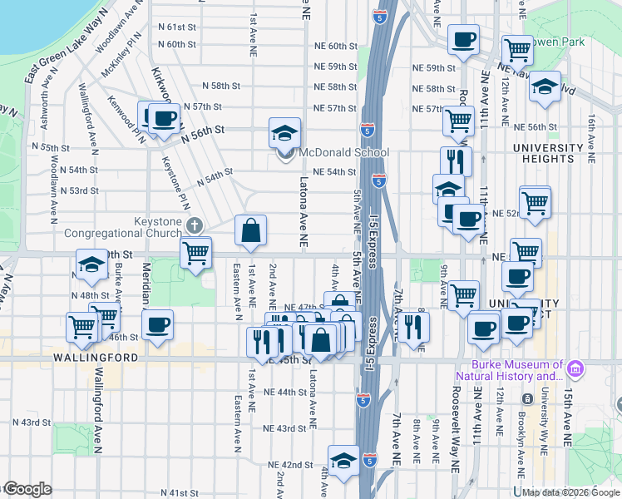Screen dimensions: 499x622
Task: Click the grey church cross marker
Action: tap(194, 225)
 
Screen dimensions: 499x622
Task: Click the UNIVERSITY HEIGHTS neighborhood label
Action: tap(549, 153)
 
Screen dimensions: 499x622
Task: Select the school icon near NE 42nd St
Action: tap(343, 460)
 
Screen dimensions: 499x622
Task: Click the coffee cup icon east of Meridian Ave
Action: tap(156, 325)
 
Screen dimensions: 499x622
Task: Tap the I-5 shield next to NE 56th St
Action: tap(367, 129)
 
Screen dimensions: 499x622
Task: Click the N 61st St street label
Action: tap(178, 27)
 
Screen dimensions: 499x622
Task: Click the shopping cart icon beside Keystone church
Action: tap(195, 251)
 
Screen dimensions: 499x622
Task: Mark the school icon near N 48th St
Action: tap(91, 264)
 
